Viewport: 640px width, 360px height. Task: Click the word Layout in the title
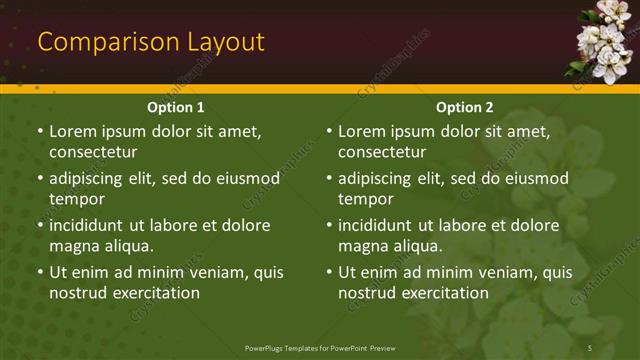[225, 42]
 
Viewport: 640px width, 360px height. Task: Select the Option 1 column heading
[176, 107]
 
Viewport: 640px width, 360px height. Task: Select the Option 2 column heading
[465, 107]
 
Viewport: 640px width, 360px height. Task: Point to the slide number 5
[590, 347]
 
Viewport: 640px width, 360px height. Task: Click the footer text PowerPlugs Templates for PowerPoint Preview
[320, 347]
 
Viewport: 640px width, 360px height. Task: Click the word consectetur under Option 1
[93, 152]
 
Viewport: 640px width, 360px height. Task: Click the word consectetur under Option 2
[382, 152]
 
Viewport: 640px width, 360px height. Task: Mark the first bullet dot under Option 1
[40, 131]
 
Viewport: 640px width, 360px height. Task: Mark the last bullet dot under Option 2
[329, 272]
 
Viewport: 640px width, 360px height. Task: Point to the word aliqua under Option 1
[128, 246]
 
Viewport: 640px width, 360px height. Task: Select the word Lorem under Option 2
[362, 131]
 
